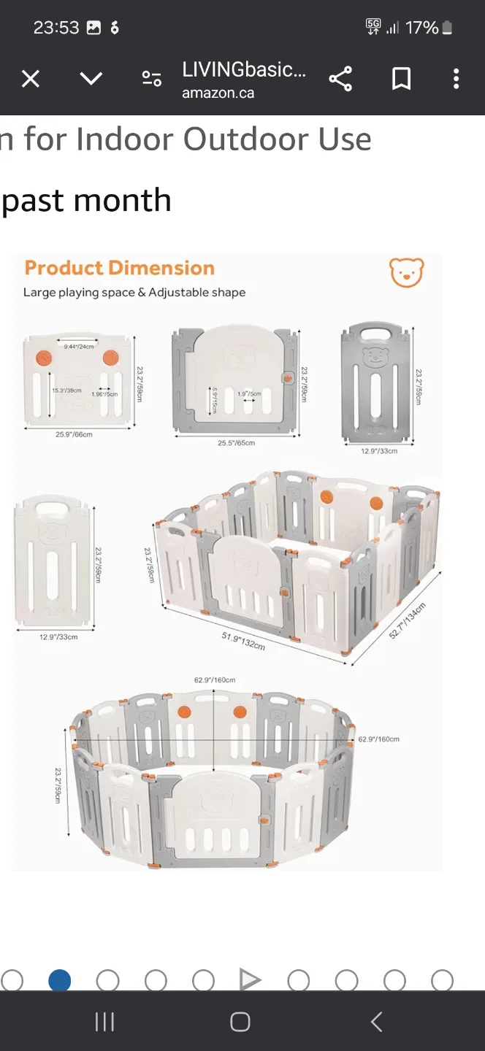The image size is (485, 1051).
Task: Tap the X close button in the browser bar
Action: pos(31,79)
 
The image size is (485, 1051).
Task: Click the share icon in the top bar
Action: pos(340,79)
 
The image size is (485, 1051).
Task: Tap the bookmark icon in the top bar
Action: pos(401,79)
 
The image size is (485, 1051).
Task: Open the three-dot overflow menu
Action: pos(456,79)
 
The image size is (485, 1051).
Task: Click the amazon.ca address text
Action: pos(218,93)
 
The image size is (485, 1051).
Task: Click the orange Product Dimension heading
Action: pos(120,268)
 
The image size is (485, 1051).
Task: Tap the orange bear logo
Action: pos(407,272)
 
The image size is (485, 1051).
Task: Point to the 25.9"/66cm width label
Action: pos(75,434)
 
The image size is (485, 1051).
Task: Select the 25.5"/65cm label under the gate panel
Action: pos(236,443)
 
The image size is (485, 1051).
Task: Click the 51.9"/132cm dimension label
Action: pos(243,641)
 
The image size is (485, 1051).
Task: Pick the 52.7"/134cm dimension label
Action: pos(408,622)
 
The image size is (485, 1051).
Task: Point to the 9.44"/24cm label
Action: pos(79,346)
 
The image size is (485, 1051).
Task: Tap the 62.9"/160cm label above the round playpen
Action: pos(215,680)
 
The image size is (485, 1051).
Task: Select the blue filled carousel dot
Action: pos(60,980)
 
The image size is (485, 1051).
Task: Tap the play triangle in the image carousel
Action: pos(250,980)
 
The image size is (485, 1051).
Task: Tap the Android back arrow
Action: pos(376,1022)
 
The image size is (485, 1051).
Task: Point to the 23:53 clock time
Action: pos(56,28)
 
